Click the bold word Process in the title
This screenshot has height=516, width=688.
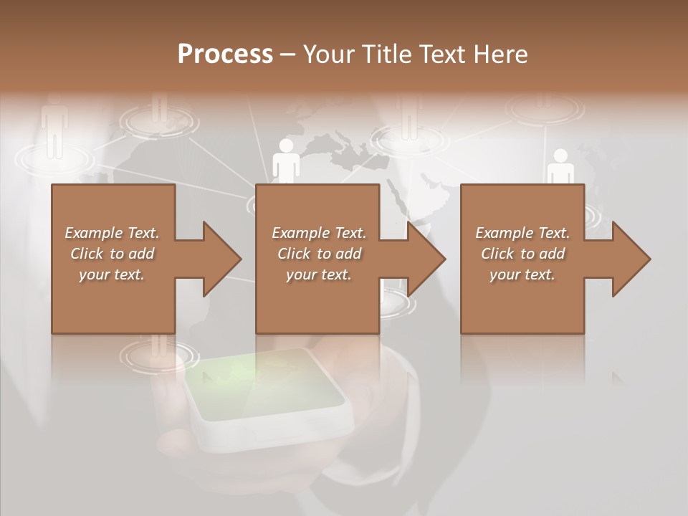tap(225, 54)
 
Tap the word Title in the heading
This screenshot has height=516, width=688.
tap(387, 54)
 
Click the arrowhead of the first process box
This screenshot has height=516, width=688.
tap(219, 259)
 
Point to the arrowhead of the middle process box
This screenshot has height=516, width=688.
tap(424, 259)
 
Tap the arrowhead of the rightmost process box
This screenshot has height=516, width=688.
tap(629, 259)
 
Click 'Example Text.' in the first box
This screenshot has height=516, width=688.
tap(112, 233)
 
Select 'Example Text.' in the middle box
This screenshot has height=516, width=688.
tap(318, 233)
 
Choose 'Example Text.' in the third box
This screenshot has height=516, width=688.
tap(522, 233)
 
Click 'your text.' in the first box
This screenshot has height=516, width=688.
tap(112, 274)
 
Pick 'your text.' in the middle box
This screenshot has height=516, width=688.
tap(318, 274)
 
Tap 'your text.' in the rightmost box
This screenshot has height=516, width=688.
tap(522, 274)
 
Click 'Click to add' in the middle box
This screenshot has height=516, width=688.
tap(318, 254)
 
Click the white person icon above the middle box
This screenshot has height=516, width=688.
tap(286, 161)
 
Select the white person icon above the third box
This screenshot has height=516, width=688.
tap(560, 166)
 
